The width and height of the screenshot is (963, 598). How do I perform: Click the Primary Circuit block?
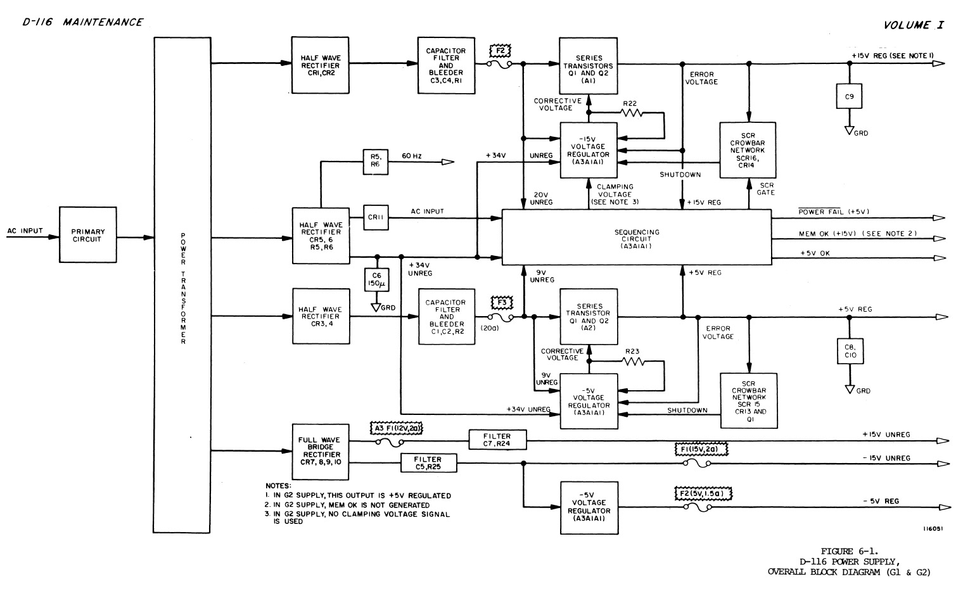pyautogui.click(x=88, y=235)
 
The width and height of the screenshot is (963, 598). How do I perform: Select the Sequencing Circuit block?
pyautogui.click(x=636, y=237)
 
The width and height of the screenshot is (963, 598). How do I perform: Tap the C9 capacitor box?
pyautogui.click(x=849, y=96)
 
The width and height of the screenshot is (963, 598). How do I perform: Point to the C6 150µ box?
pyautogui.click(x=376, y=279)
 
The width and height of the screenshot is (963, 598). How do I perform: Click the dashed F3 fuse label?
pyautogui.click(x=501, y=303)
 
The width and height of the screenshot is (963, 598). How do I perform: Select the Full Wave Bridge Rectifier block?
pyautogui.click(x=321, y=450)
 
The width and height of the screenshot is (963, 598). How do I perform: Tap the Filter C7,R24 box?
pyautogui.click(x=497, y=440)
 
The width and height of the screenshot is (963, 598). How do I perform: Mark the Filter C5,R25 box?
pyautogui.click(x=428, y=464)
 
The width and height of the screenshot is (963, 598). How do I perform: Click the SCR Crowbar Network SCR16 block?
pyautogui.click(x=748, y=150)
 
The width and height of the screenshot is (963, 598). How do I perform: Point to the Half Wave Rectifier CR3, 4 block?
pyautogui.click(x=321, y=316)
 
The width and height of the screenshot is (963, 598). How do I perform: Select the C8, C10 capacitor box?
pyautogui.click(x=850, y=351)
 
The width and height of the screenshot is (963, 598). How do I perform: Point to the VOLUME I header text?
pyautogui.click(x=913, y=25)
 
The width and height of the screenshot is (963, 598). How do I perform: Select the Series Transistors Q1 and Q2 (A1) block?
pyautogui.click(x=589, y=65)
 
